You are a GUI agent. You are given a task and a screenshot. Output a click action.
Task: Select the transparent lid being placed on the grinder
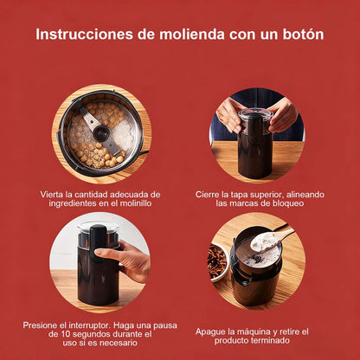point(256,112)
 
